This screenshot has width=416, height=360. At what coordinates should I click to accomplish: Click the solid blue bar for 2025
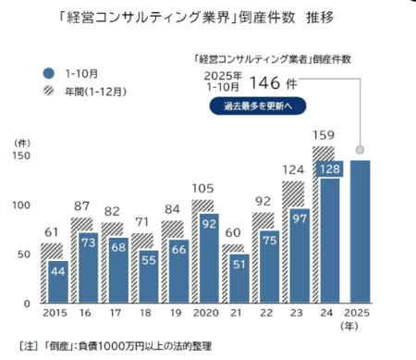tap(361, 231)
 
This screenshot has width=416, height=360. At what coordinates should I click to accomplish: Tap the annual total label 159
tap(324, 134)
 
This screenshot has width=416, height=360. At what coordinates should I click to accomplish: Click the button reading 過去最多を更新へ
tap(257, 106)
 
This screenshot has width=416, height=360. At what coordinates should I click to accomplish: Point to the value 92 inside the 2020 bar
tap(210, 221)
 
